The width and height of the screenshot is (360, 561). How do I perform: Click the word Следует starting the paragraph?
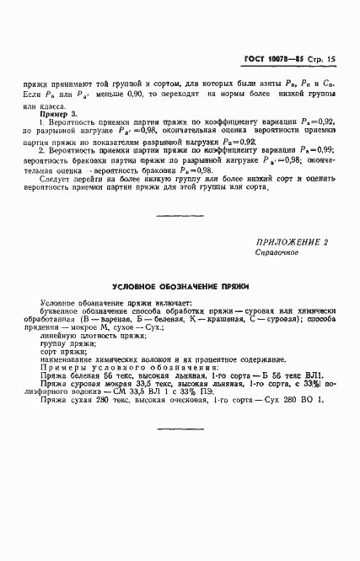[56, 177]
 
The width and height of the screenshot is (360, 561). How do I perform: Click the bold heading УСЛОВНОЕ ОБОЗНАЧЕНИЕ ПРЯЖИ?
[180, 287]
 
